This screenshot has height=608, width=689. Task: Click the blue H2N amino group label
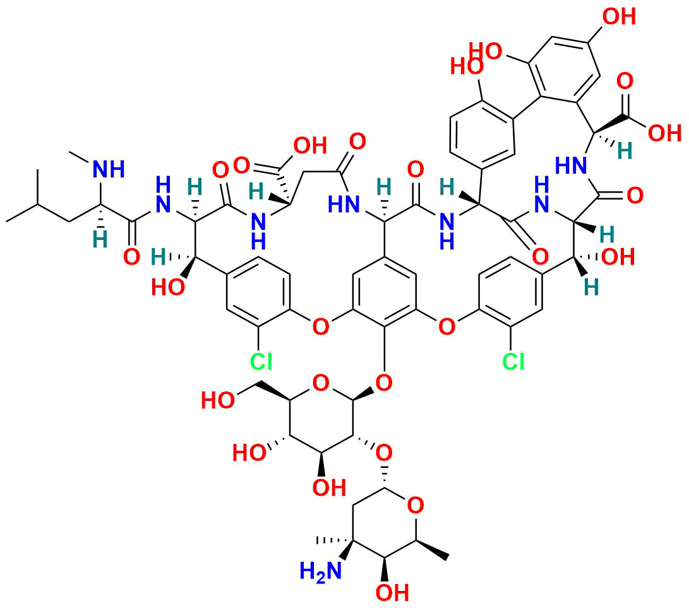(320, 571)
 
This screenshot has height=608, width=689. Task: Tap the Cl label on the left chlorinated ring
(261, 362)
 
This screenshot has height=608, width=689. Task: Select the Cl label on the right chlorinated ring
(513, 362)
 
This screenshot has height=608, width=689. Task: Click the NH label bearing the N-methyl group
(109, 169)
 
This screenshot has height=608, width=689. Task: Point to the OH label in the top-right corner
(619, 16)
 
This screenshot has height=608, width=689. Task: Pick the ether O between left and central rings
(320, 327)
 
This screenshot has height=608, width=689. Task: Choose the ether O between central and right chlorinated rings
(447, 327)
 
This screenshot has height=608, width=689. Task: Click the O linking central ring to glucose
(383, 382)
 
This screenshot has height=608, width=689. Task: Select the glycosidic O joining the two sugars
(383, 451)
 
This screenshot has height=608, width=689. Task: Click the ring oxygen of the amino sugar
(416, 506)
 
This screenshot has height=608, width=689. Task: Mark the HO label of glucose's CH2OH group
(217, 401)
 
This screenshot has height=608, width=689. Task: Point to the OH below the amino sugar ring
(392, 593)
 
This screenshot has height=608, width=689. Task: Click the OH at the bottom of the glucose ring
(329, 487)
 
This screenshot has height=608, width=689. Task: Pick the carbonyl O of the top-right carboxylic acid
(625, 81)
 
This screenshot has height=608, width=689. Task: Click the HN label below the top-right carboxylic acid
(571, 165)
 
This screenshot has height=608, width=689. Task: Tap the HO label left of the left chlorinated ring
(168, 288)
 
